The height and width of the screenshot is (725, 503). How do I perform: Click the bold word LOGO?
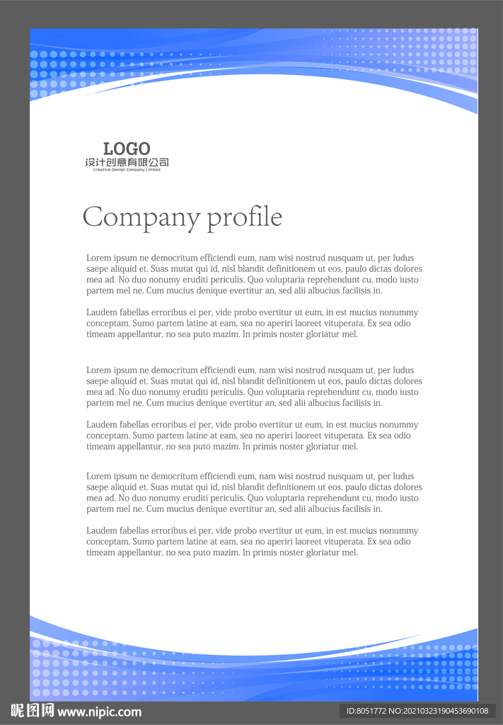click(127, 149)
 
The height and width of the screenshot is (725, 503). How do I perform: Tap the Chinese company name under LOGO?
click(127, 163)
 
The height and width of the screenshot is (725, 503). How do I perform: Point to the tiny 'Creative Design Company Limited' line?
click(127, 170)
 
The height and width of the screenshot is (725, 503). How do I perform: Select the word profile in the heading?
click(244, 217)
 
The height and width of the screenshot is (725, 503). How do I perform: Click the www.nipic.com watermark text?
click(99, 712)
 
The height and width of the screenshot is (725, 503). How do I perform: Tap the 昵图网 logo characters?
click(33, 711)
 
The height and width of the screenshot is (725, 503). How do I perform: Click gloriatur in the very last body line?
click(319, 552)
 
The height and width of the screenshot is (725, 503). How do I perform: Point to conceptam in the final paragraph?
click(108, 542)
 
